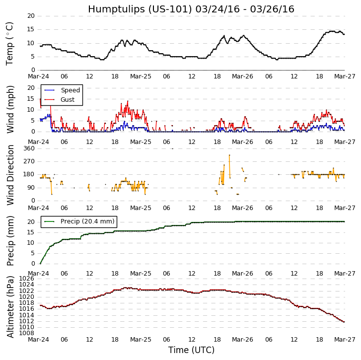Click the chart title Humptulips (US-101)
click(x=191, y=9)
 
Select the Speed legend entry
click(x=70, y=90)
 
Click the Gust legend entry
click(x=68, y=100)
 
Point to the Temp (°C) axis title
click(x=10, y=43)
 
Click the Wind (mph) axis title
click(x=10, y=109)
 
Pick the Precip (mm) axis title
click(x=10, y=240)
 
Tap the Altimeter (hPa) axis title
click(x=10, y=306)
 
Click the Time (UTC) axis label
click(x=191, y=350)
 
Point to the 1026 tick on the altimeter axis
click(x=28, y=279)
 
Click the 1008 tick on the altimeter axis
click(x=28, y=333)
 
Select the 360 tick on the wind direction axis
click(x=29, y=148)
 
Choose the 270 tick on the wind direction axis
click(x=29, y=161)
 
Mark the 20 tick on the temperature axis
click(x=31, y=16)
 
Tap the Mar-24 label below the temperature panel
click(x=41, y=77)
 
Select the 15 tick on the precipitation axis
click(x=31, y=232)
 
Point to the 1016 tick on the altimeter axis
click(x=28, y=309)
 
